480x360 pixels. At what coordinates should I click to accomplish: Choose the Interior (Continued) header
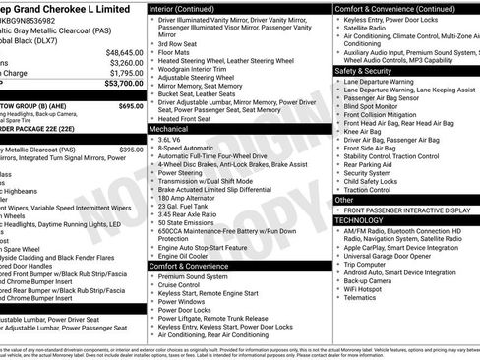190,8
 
